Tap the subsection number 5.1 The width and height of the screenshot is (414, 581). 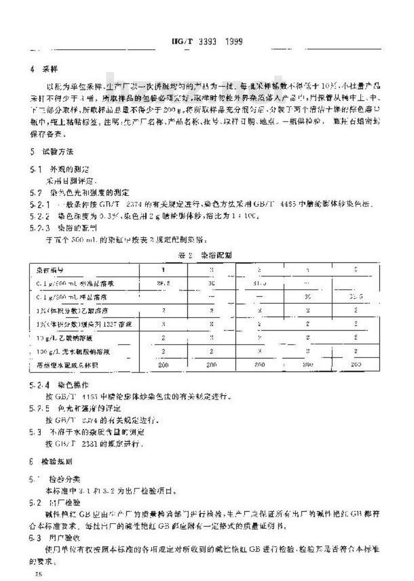36,168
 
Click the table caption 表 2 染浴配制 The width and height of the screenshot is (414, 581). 206,255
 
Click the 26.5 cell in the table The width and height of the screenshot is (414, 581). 163,283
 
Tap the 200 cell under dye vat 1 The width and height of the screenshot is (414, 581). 163,364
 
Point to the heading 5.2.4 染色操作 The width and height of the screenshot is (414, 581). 59,385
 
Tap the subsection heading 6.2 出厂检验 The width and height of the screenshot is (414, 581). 54,502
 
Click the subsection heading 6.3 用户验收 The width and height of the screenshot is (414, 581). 54,539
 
